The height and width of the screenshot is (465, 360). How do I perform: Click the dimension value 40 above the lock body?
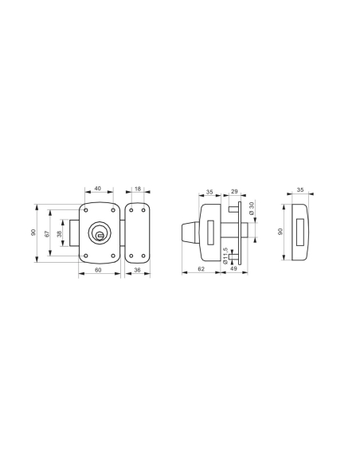(98, 190)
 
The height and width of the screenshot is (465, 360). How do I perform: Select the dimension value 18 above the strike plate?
(138, 190)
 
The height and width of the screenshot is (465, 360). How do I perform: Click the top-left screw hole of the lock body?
(84, 209)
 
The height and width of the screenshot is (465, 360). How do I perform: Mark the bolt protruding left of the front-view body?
(73, 232)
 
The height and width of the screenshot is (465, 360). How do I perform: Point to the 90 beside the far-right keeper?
(280, 232)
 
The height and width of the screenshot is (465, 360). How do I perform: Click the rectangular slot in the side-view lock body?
(209, 232)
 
